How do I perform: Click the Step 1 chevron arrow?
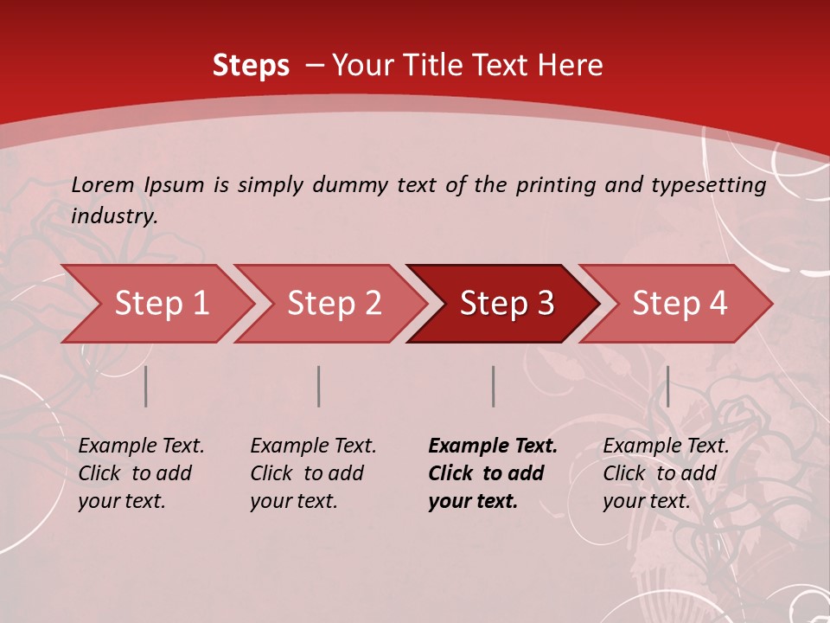[160, 304]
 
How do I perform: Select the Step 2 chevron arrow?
[333, 304]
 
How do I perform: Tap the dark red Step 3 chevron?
[506, 304]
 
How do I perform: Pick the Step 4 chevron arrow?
[679, 304]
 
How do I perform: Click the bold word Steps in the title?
[251, 66]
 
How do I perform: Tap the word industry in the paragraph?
[113, 216]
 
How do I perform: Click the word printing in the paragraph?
[553, 184]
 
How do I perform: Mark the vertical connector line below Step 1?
[146, 386]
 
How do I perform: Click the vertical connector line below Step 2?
[319, 386]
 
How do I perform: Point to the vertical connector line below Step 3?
[493, 386]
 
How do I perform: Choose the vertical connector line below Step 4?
[667, 386]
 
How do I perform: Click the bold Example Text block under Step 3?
[492, 473]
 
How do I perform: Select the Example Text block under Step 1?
[141, 473]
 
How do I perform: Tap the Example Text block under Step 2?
[313, 473]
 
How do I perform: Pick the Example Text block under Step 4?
[666, 473]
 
